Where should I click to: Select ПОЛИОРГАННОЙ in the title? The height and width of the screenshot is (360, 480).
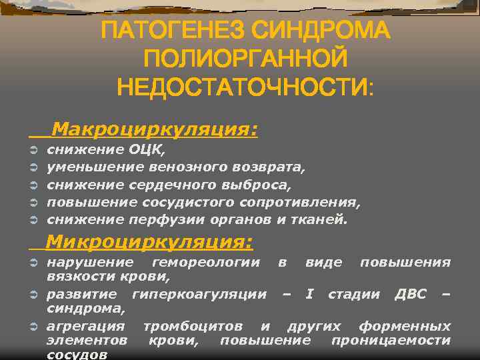tap(245, 59)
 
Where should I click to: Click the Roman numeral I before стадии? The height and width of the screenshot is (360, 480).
tap(308, 295)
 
